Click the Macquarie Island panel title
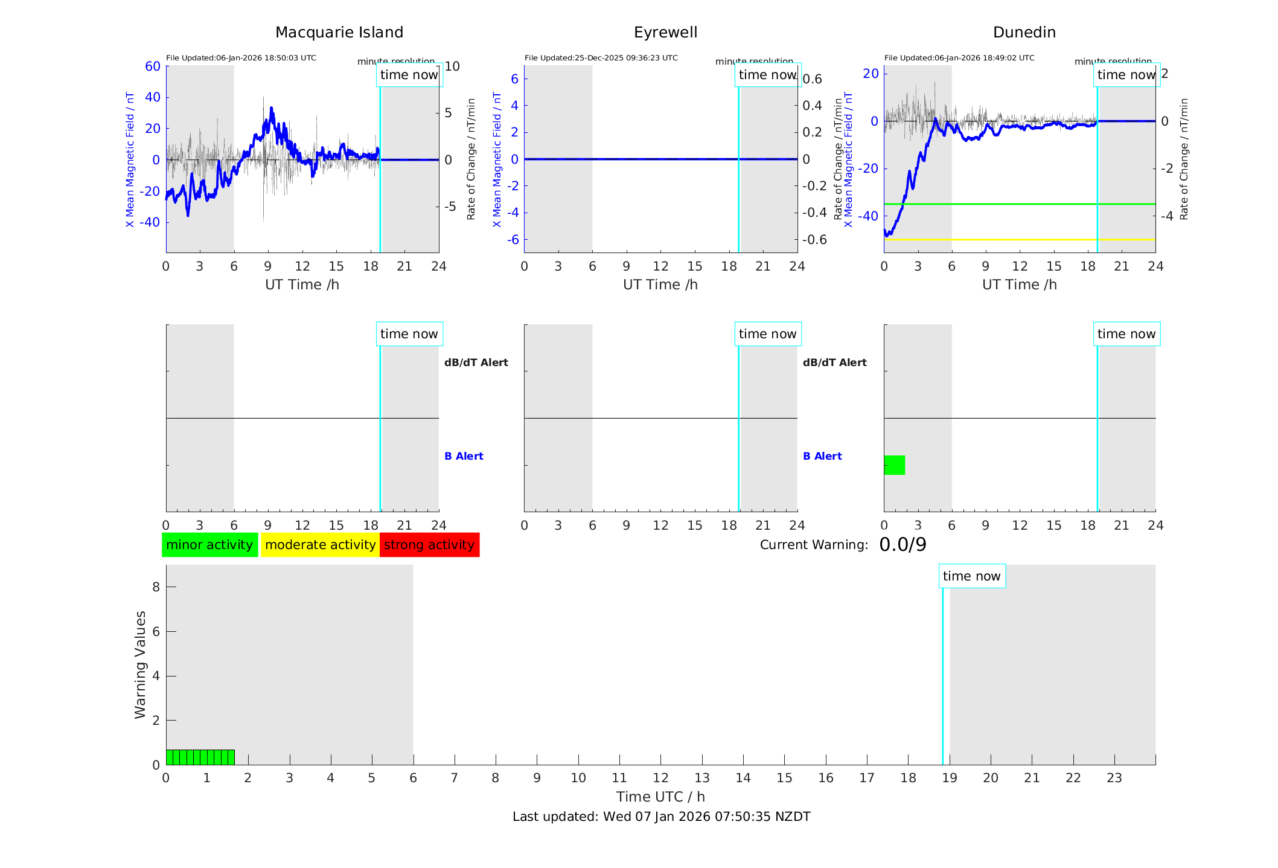tap(339, 33)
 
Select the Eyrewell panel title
tap(665, 33)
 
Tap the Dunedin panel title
tap(1024, 33)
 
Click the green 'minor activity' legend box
tap(209, 545)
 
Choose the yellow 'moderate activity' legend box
tap(320, 545)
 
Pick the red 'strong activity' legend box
tap(429, 545)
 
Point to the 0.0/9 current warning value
tap(903, 545)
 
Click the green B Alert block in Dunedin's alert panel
tap(894, 465)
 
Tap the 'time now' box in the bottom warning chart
tap(971, 576)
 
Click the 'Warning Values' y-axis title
tap(141, 664)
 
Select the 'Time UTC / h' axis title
tap(660, 797)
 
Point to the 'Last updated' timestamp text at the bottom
tap(661, 817)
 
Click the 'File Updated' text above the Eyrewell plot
tap(601, 58)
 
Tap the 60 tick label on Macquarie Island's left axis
tap(153, 66)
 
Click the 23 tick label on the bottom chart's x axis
tap(1114, 778)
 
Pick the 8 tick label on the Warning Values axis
tap(156, 587)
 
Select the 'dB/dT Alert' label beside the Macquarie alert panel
tap(476, 362)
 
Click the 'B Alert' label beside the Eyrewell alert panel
tap(822, 456)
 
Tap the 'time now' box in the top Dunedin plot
tap(1126, 75)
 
